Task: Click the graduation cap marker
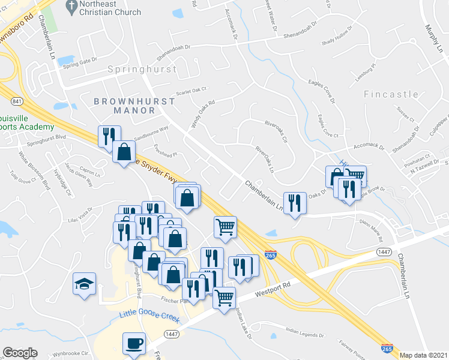tap(85, 283)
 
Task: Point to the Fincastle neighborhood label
tap(391, 94)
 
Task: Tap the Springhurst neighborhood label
tap(142, 70)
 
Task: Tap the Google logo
tap(20, 353)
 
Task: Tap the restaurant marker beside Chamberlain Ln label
tap(295, 203)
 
